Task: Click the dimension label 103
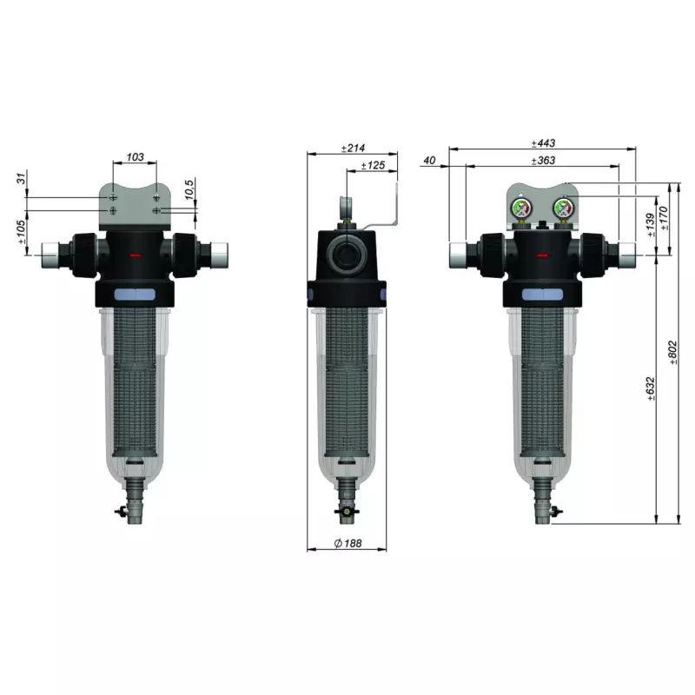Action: [136, 157]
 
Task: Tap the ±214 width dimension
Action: [353, 148]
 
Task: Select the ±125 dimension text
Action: [373, 165]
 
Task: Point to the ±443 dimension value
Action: [543, 143]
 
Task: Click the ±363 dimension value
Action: [543, 161]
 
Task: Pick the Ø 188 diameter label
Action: [348, 543]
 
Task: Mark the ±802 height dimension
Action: [672, 353]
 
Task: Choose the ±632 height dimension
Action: [651, 388]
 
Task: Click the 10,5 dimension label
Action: [189, 189]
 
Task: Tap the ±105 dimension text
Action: [21, 232]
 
